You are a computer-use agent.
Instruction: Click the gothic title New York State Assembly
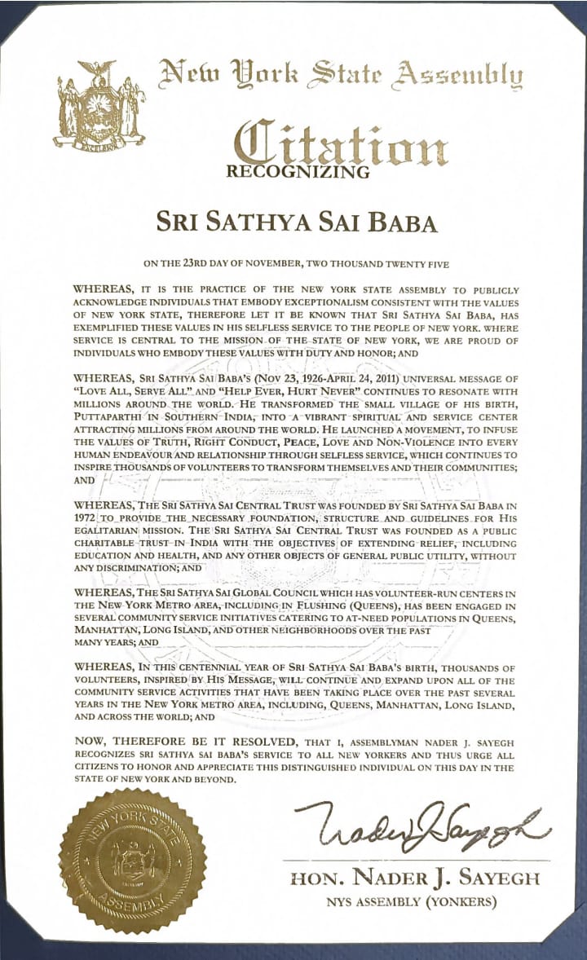[x=341, y=78]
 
